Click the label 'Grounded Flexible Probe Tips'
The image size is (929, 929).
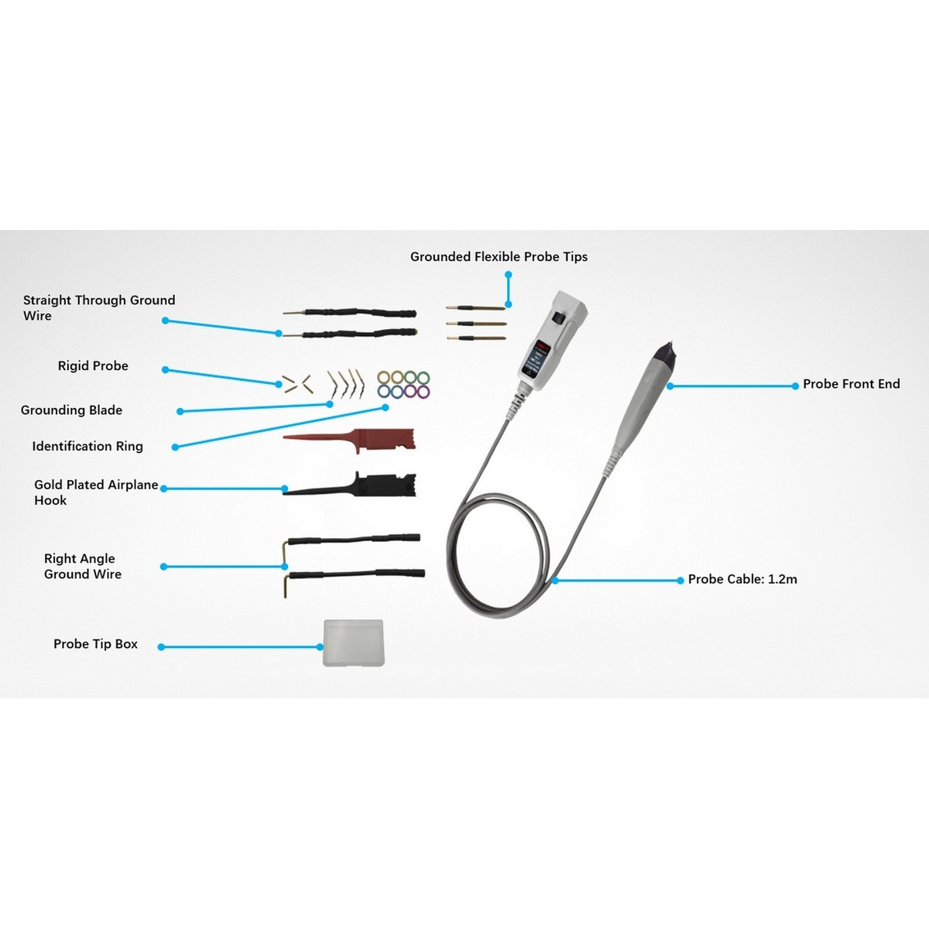pyautogui.click(x=499, y=257)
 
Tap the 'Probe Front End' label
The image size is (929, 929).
pyautogui.click(x=851, y=384)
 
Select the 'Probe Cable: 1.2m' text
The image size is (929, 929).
pyautogui.click(x=742, y=579)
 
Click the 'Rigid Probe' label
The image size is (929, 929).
pyautogui.click(x=93, y=366)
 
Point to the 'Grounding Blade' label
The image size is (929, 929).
pyautogui.click(x=71, y=410)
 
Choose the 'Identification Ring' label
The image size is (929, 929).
pyautogui.click(x=87, y=447)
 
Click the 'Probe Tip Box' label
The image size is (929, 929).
pyautogui.click(x=95, y=644)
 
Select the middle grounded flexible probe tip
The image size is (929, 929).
pyautogui.click(x=476, y=324)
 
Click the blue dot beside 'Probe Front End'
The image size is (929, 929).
pyautogui.click(x=795, y=386)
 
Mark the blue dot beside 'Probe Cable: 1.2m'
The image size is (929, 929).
pyautogui.click(x=680, y=580)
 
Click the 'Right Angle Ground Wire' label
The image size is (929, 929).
pyautogui.click(x=82, y=567)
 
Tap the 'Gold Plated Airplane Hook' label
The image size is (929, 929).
pyautogui.click(x=95, y=492)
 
